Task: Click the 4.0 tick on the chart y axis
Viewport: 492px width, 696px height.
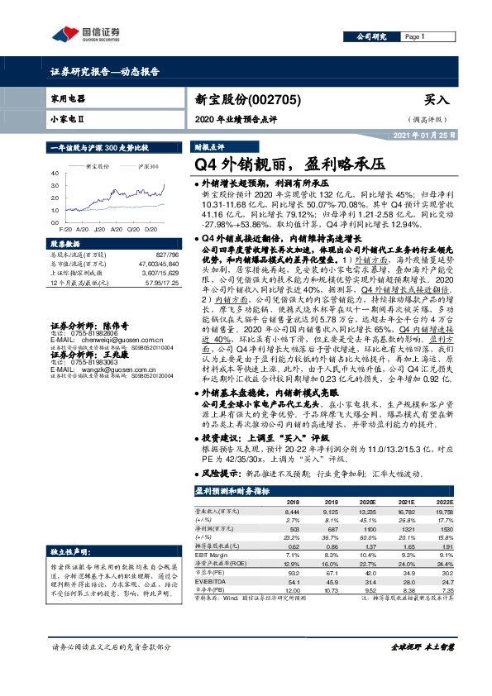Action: pos(54,174)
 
